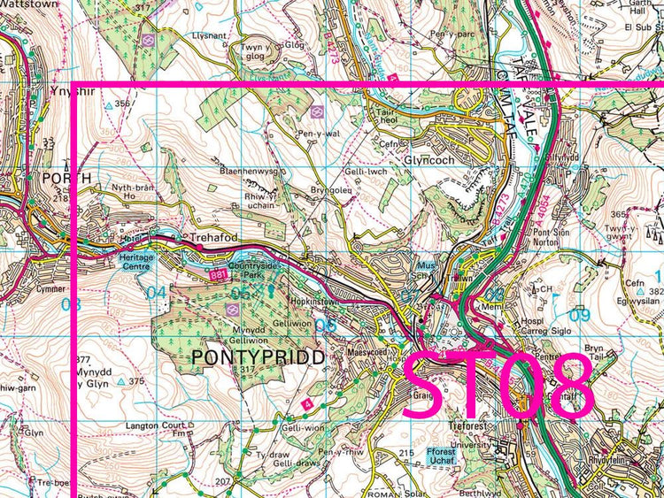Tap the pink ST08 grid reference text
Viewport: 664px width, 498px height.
click(x=498, y=387)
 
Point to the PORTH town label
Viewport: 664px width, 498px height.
click(x=66, y=179)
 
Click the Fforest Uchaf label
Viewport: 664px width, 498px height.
click(x=440, y=456)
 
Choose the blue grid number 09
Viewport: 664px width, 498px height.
click(x=580, y=315)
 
